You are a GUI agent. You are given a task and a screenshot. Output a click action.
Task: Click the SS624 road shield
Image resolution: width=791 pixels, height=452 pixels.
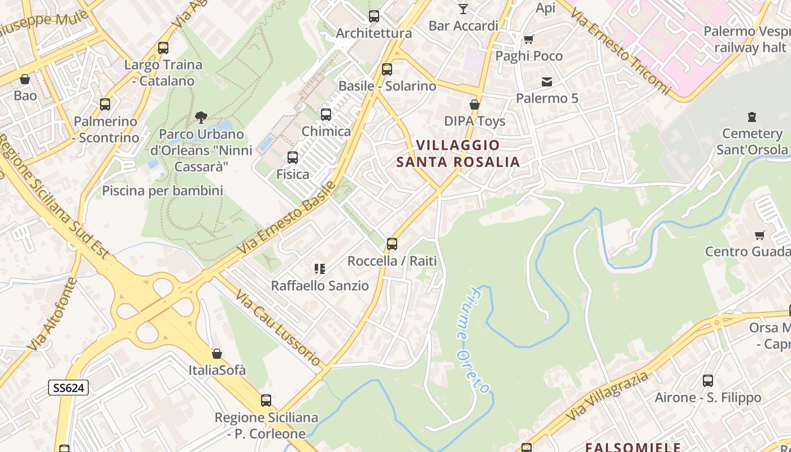(68, 388)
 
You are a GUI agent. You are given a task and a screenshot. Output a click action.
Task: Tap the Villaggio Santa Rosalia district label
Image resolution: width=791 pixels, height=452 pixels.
(458, 154)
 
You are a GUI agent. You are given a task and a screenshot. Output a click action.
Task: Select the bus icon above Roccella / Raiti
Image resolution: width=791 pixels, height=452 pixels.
(392, 244)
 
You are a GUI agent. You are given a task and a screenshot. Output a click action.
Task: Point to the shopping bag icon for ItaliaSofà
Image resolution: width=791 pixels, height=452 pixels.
(217, 354)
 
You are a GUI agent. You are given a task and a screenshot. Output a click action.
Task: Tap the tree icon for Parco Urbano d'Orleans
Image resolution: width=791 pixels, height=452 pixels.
(201, 118)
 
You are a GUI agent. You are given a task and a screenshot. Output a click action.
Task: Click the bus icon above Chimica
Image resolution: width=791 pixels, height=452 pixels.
(326, 115)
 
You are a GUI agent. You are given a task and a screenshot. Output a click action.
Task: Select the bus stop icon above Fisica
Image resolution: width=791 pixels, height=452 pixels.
(293, 158)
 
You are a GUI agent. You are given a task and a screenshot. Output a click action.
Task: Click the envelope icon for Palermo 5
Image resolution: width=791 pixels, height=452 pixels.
(547, 82)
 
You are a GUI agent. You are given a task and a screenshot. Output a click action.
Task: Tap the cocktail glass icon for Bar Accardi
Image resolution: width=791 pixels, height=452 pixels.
(463, 8)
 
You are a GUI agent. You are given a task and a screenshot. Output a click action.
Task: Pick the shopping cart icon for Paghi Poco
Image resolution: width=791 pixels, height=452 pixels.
(529, 39)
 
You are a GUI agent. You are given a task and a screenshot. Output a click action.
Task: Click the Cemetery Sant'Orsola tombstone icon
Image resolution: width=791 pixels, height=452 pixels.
(751, 117)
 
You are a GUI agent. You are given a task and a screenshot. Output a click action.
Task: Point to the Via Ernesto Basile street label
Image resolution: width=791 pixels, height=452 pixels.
(286, 217)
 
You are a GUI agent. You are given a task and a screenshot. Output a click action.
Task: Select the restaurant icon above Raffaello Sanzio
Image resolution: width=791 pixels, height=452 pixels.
(320, 269)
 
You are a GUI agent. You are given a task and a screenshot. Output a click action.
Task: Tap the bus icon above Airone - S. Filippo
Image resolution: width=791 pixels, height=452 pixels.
(707, 381)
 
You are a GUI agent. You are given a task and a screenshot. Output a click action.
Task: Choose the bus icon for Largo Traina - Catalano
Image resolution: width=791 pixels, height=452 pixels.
(163, 48)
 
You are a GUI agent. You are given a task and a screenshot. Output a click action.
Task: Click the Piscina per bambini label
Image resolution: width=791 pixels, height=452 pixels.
(163, 191)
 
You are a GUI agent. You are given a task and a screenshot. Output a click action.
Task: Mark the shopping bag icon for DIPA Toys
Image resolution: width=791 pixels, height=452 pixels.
(475, 105)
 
